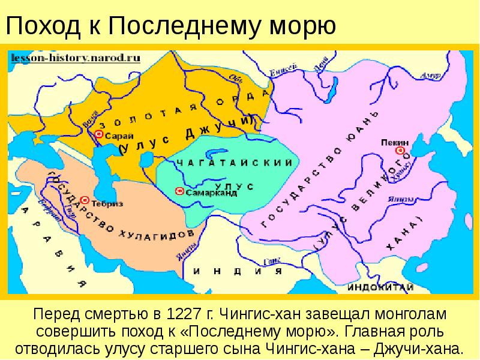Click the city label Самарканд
click(x=211, y=193)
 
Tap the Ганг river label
click(x=272, y=261)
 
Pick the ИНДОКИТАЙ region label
click(x=380, y=287)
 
